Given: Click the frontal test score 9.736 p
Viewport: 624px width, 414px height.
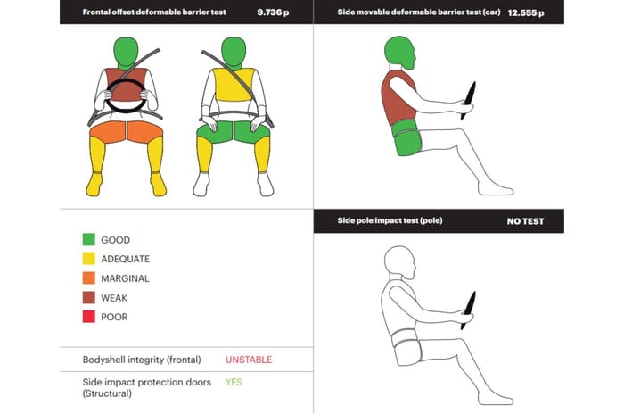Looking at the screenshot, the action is click(x=273, y=12).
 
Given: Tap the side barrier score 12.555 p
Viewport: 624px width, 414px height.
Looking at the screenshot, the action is click(x=526, y=12).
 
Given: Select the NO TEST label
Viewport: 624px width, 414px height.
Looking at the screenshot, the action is click(x=525, y=221).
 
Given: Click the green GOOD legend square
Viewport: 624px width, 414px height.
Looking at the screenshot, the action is click(x=89, y=239).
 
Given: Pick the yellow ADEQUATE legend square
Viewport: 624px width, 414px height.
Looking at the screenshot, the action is click(x=89, y=259).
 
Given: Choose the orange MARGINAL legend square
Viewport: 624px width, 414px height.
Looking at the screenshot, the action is click(x=89, y=277).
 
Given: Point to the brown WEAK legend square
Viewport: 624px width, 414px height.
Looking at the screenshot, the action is click(x=89, y=297).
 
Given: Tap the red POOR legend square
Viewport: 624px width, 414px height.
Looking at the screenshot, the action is click(x=89, y=317).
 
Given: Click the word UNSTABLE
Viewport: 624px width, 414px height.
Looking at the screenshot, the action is click(x=249, y=360).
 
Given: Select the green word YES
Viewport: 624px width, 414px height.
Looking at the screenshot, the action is click(x=234, y=382).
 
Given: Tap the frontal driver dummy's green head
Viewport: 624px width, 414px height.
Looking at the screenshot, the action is click(x=126, y=53).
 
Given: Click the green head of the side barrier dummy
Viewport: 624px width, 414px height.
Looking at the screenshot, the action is click(x=399, y=53).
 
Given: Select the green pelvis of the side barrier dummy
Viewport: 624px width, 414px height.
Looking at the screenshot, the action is click(x=406, y=138).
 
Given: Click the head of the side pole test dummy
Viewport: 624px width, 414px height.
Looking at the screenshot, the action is click(x=399, y=262).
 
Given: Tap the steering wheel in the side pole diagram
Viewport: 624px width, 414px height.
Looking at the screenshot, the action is click(x=468, y=310).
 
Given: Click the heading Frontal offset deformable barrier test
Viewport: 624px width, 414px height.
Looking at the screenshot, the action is click(x=154, y=12).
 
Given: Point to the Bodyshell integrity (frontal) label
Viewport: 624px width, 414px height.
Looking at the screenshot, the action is click(x=142, y=360).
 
